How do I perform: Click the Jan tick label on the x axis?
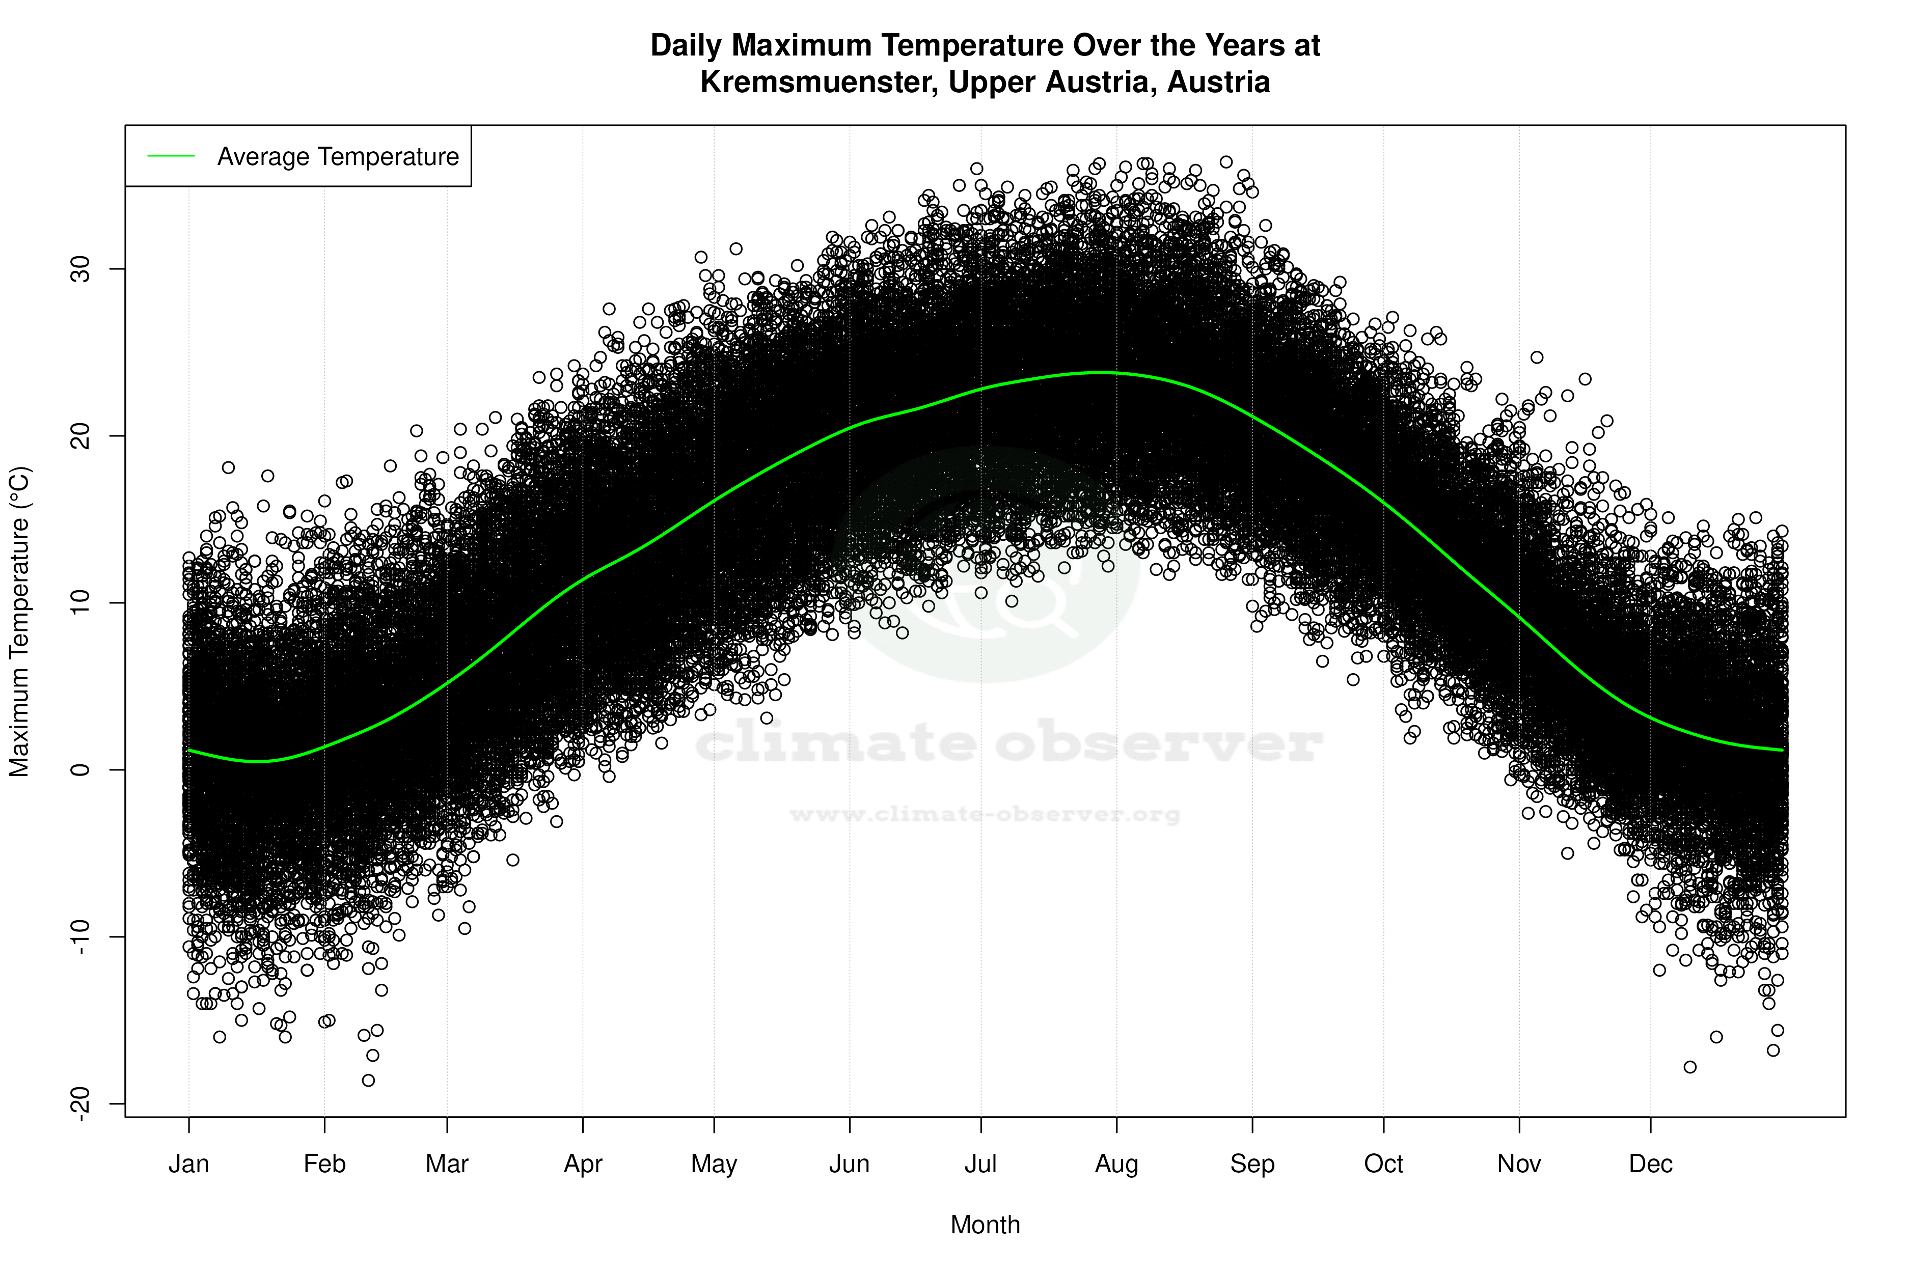click(188, 1164)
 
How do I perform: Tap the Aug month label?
click(1116, 1164)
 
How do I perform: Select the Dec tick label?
click(1650, 1164)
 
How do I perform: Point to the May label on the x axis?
click(713, 1164)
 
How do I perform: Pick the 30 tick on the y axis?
click(79, 269)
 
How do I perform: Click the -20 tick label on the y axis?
click(79, 1104)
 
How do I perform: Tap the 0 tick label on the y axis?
click(79, 769)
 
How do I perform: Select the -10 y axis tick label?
click(79, 937)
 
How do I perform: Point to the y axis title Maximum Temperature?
click(19, 621)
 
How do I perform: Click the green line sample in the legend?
click(171, 156)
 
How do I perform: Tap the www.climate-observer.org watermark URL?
click(984, 814)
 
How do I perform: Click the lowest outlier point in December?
click(1690, 1067)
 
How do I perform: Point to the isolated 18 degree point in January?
click(228, 467)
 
